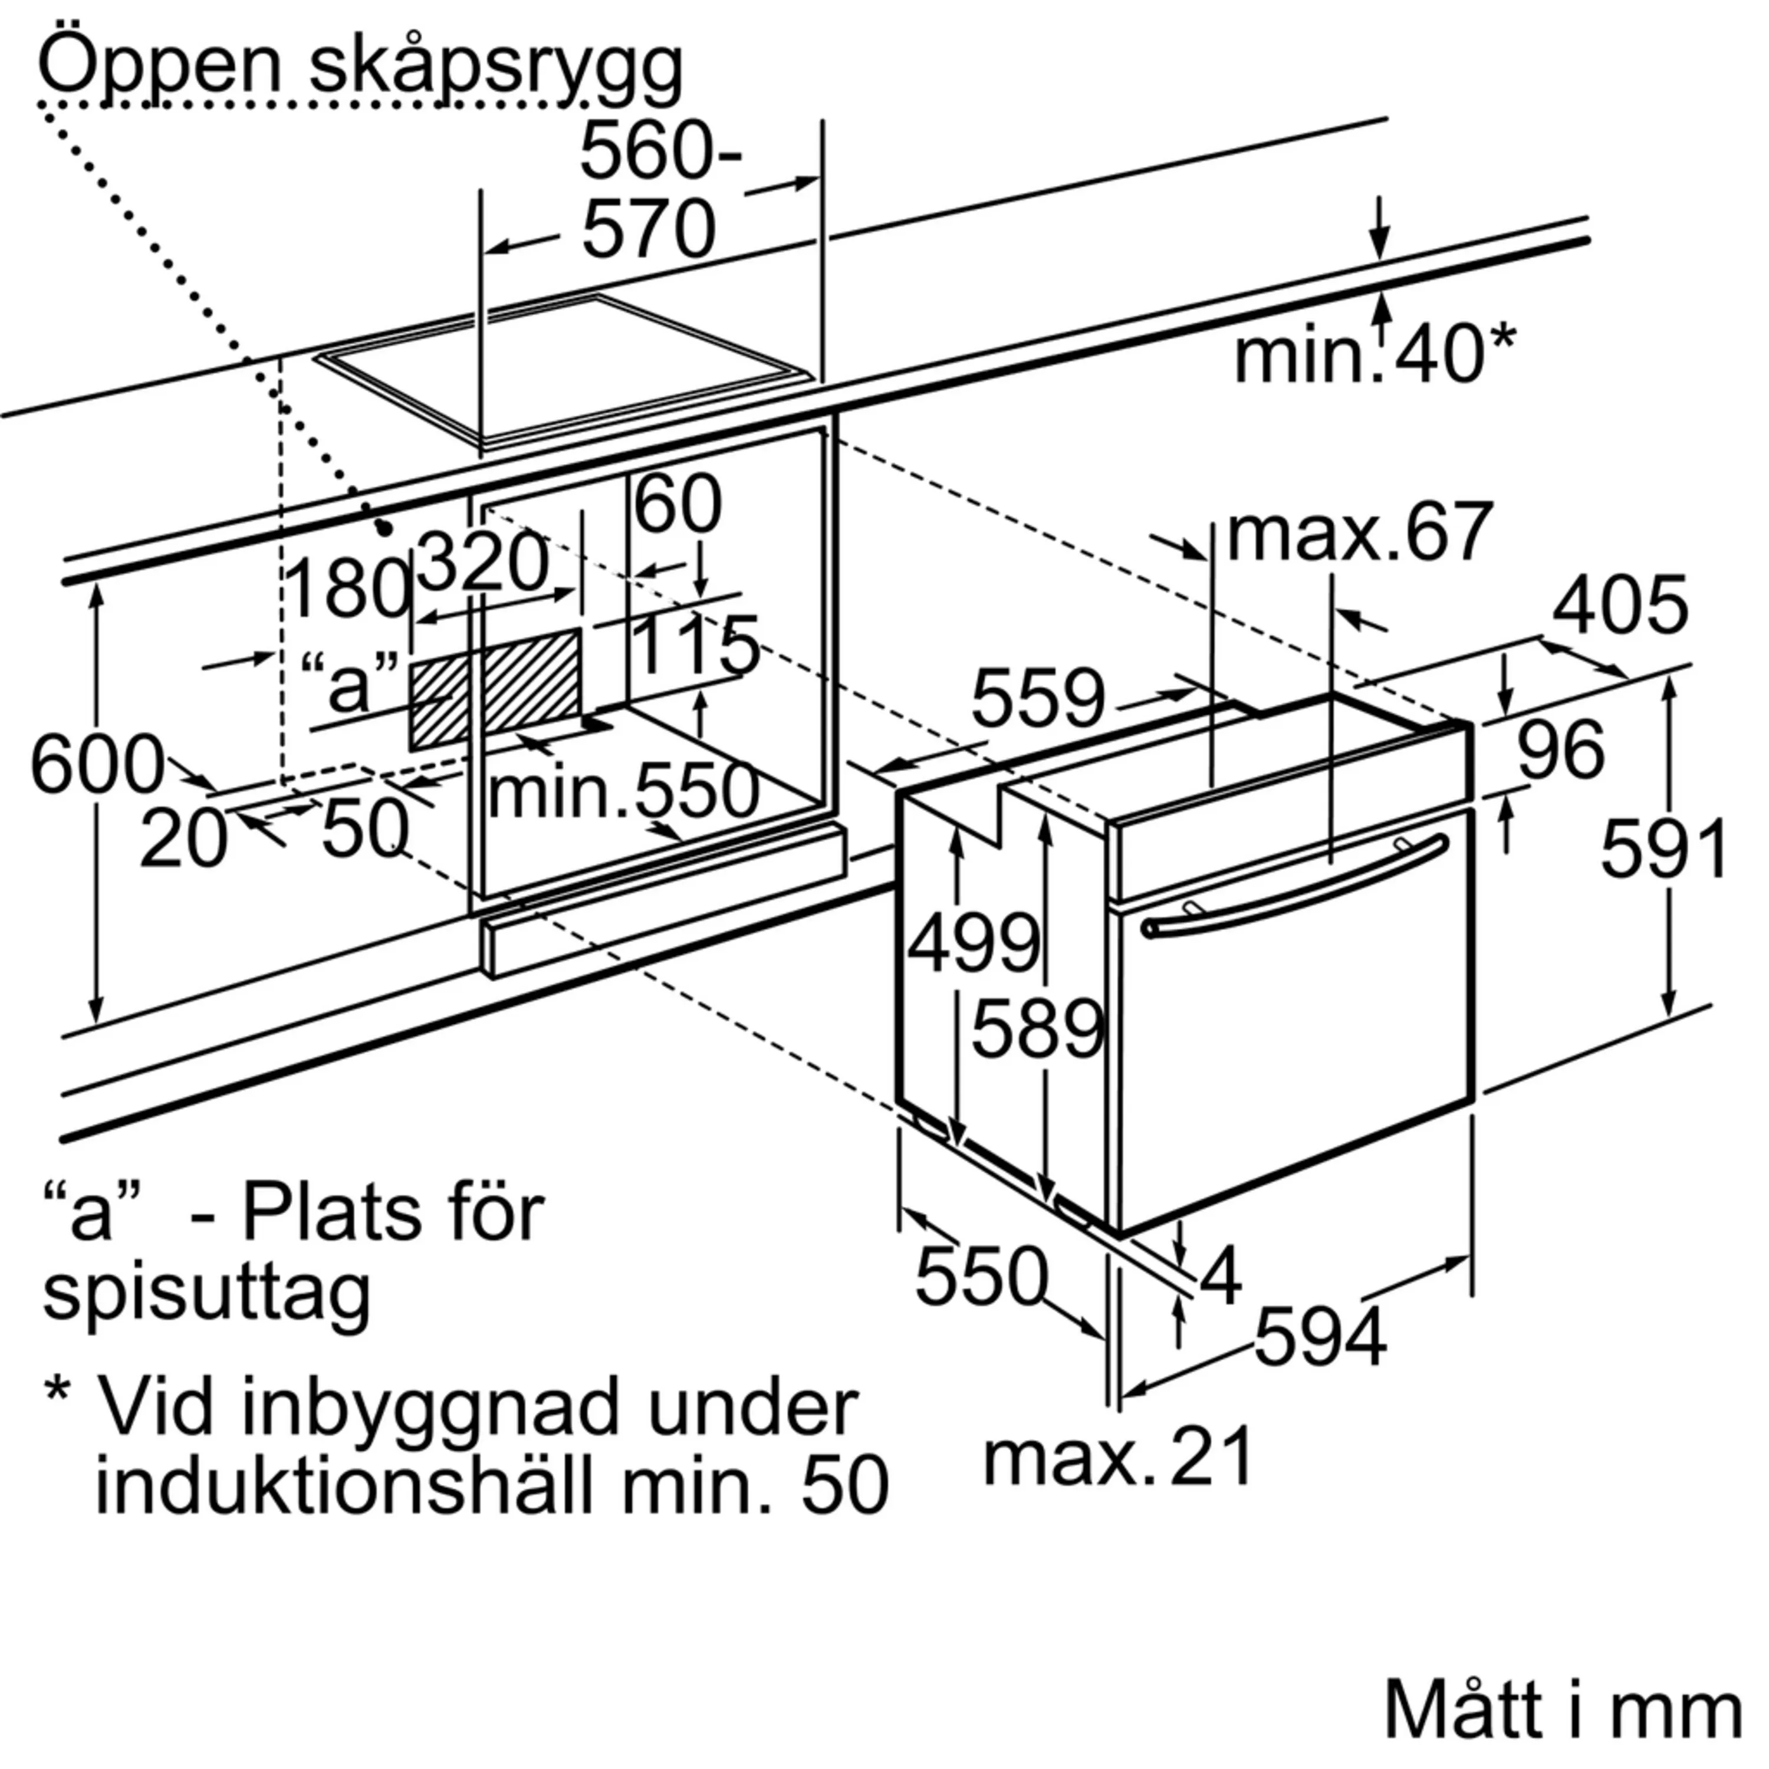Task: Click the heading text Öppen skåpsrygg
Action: coord(359,66)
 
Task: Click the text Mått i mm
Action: coord(1562,1709)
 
